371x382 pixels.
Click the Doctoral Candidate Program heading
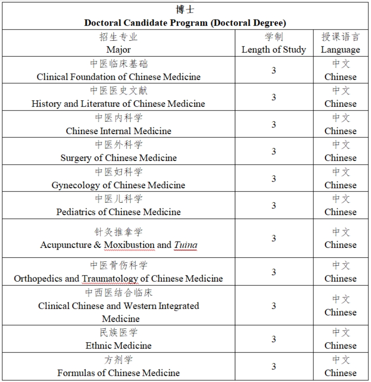click(x=185, y=23)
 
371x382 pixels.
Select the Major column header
click(x=118, y=50)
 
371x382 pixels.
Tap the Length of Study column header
click(x=274, y=50)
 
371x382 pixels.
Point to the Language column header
click(x=340, y=50)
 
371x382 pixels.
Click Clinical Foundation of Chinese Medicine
click(x=118, y=77)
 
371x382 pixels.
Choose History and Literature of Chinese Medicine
click(x=118, y=104)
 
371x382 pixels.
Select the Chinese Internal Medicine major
click(x=118, y=131)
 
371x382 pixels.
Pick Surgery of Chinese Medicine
click(x=118, y=158)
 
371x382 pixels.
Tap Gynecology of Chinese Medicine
click(x=118, y=185)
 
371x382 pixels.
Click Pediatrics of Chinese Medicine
click(x=118, y=212)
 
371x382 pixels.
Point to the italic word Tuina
click(x=185, y=245)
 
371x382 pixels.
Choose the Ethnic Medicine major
click(x=118, y=346)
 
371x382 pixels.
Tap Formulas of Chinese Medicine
click(x=118, y=373)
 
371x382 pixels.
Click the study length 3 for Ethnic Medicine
click(x=274, y=339)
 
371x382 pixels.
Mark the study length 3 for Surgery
click(x=274, y=152)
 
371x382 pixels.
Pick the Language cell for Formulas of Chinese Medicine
click(x=340, y=366)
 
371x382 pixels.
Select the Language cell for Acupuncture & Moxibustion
click(x=340, y=238)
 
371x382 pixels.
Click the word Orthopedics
click(x=40, y=279)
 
